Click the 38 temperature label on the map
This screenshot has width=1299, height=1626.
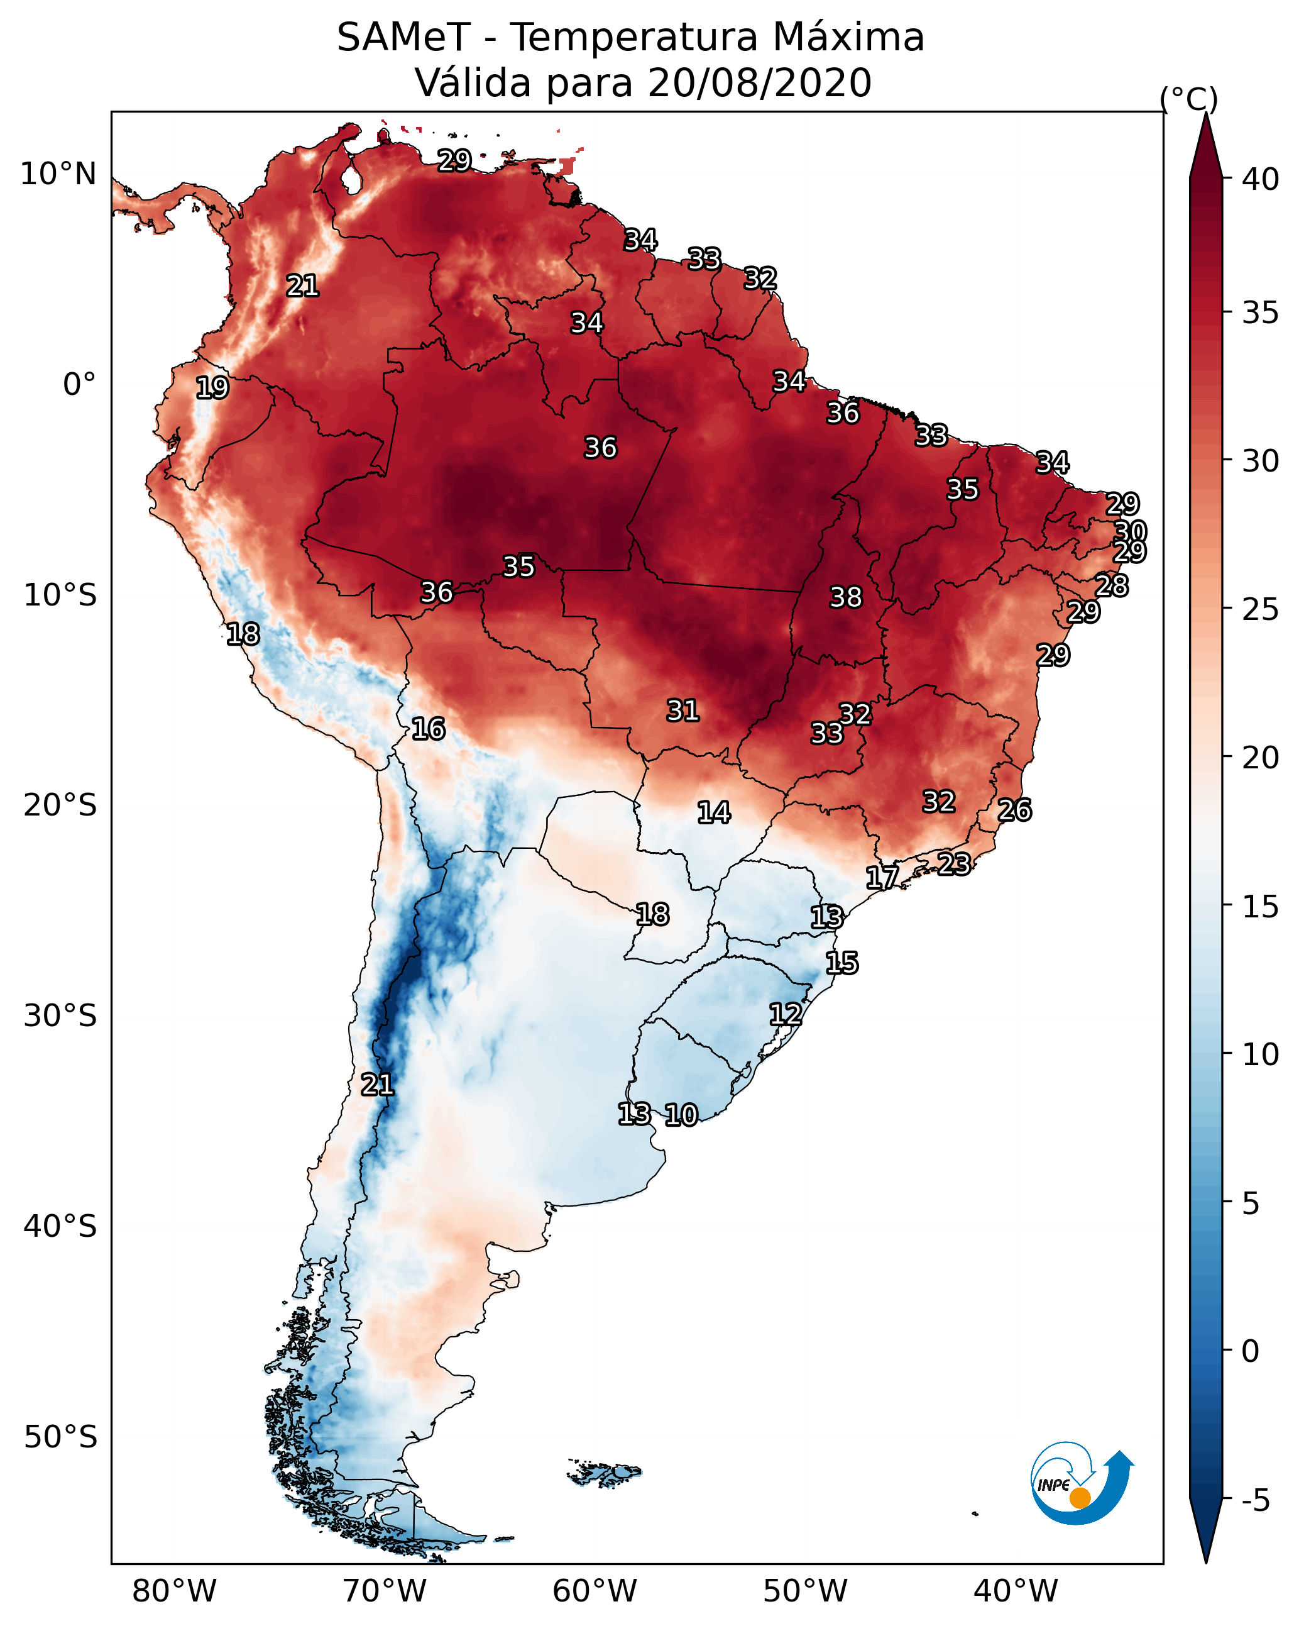pyautogui.click(x=845, y=597)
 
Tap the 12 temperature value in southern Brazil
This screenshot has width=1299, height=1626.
pyautogui.click(x=785, y=1014)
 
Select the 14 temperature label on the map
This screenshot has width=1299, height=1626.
pyautogui.click(x=713, y=812)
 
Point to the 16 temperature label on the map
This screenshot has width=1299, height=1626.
pyautogui.click(x=428, y=729)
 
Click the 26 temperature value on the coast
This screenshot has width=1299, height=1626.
pyautogui.click(x=1014, y=810)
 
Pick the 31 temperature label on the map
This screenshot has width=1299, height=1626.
pyautogui.click(x=682, y=711)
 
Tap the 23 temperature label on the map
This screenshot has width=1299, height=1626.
pyautogui.click(x=954, y=863)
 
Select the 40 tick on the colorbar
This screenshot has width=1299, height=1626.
pyautogui.click(x=1261, y=179)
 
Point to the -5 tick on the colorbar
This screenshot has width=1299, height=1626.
pyautogui.click(x=1255, y=1500)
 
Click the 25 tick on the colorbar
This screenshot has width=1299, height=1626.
pyautogui.click(x=1261, y=609)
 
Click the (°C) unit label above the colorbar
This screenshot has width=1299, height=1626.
pyautogui.click(x=1189, y=99)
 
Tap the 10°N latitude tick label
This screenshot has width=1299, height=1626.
pyautogui.click(x=58, y=174)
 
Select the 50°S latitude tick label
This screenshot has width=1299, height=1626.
pyautogui.click(x=60, y=1437)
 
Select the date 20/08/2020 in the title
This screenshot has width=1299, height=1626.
pyautogui.click(x=759, y=83)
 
